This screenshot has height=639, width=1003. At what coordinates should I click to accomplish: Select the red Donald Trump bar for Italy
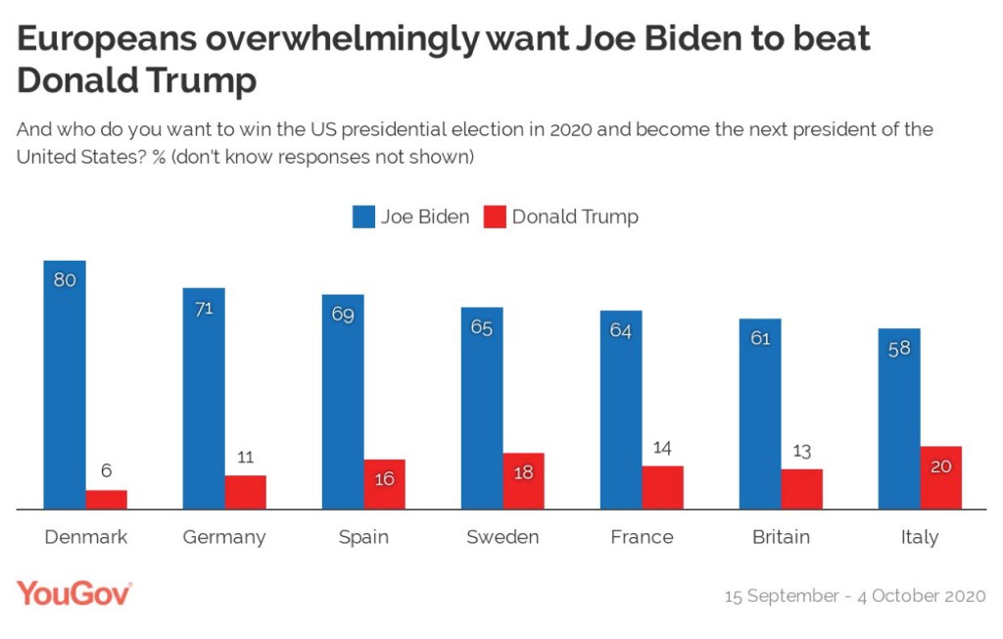940,478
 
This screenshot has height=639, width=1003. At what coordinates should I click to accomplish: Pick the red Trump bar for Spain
384,484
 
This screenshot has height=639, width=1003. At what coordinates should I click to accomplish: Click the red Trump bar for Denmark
106,499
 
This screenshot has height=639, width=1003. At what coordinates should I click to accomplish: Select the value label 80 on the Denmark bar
65,279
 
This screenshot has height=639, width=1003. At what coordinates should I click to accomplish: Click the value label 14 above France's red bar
662,448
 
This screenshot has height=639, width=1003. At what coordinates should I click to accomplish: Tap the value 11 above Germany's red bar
245,457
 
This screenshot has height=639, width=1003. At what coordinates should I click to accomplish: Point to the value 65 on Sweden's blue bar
482,327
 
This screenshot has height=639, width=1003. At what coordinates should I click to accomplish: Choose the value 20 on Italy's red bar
940,467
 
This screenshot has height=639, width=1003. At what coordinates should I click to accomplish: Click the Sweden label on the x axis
502,537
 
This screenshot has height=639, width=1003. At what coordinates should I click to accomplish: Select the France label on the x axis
642,537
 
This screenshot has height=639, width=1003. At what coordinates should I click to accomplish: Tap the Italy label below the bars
920,537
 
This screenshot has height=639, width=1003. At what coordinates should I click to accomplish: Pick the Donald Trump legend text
574,218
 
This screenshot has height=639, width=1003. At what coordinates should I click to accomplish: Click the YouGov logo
74,593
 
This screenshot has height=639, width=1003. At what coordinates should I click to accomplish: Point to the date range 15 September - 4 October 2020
854,596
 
